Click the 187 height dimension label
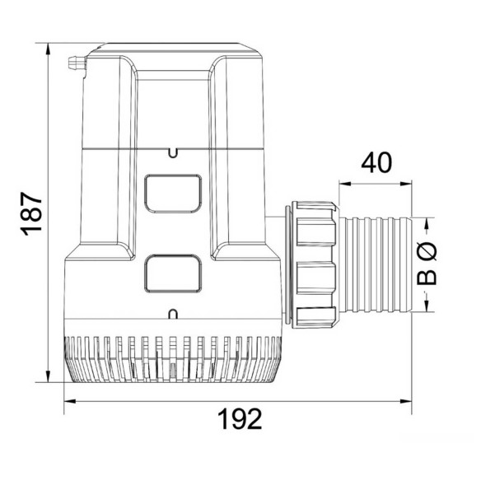point(31,214)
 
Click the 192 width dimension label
point(240,419)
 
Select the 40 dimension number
point(376,162)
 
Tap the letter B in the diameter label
point(427,278)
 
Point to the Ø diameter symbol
point(427,250)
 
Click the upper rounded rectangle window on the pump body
point(173,194)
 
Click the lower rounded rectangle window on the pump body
point(173,273)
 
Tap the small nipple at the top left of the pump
point(77,63)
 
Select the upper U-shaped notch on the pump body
point(173,153)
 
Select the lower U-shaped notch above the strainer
point(173,314)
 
